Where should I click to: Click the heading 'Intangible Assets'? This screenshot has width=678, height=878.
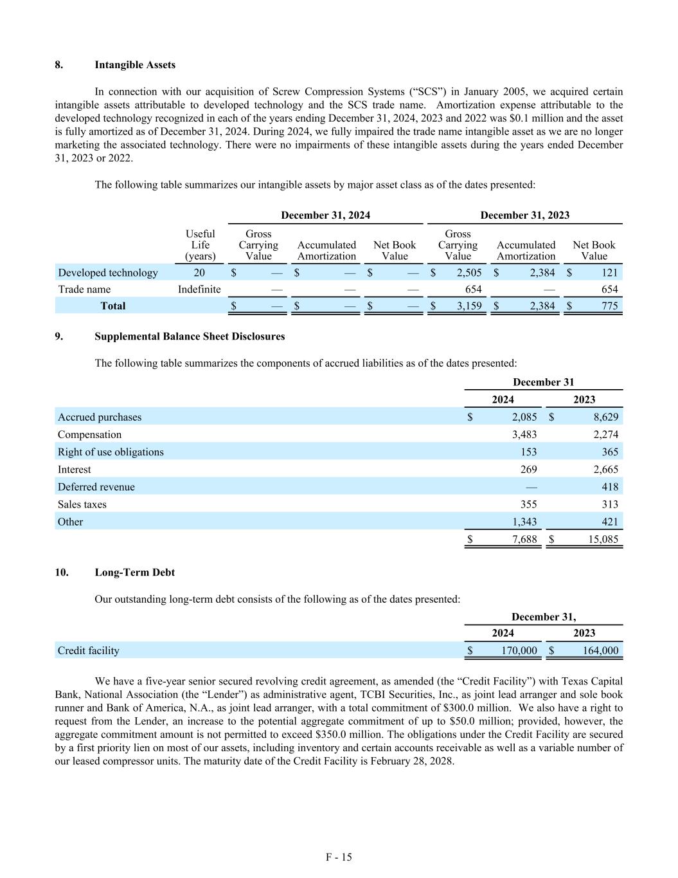[134, 65]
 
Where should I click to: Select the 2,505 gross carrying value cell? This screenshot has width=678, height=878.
[469, 273]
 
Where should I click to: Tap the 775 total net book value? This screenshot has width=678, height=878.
[609, 306]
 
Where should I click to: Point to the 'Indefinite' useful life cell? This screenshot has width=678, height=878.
[199, 289]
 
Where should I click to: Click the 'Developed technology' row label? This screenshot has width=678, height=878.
[107, 273]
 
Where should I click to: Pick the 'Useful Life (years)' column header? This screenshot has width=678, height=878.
[200, 245]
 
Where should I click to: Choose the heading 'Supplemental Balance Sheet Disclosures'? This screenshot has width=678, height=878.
[190, 336]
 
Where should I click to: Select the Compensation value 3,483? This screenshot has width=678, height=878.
[524, 435]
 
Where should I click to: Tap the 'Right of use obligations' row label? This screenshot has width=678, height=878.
[111, 452]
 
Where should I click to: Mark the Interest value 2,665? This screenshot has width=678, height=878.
[604, 470]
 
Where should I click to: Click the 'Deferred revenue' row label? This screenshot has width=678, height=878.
[96, 487]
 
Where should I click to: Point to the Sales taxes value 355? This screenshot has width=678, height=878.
[528, 504]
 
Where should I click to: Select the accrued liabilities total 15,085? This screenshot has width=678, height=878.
[603, 540]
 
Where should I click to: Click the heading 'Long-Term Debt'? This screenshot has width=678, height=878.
[134, 572]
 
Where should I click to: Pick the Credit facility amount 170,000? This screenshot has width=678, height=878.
[519, 651]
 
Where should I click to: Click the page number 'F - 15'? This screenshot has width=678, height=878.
[339, 857]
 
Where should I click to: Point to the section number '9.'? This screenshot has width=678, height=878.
[58, 336]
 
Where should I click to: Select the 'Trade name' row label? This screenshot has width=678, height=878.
[84, 289]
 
